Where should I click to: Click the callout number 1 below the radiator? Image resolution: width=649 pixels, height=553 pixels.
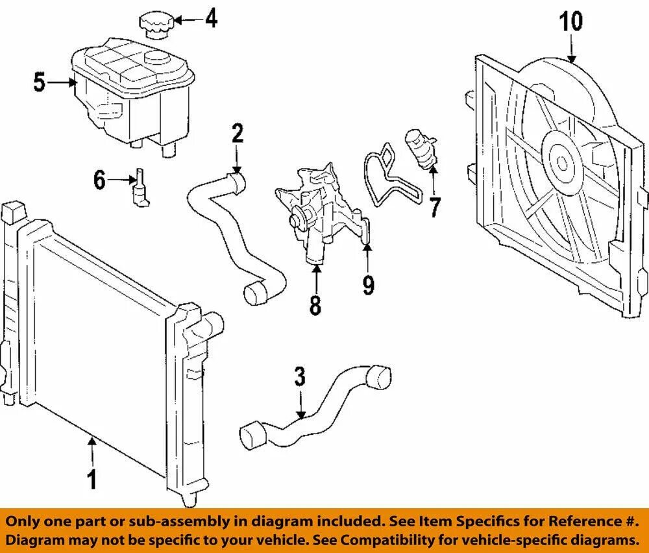[x=92, y=480]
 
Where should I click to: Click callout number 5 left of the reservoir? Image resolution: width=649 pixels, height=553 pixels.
[x=40, y=82]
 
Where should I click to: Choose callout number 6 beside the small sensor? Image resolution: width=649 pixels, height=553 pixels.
[x=99, y=180]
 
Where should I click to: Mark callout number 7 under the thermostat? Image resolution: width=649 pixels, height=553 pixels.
[x=434, y=207]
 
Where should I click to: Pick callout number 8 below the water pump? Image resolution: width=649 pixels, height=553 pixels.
[x=315, y=304]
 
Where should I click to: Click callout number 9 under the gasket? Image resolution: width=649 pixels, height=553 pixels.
[x=369, y=285]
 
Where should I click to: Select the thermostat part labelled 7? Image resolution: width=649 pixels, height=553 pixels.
[x=418, y=149]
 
